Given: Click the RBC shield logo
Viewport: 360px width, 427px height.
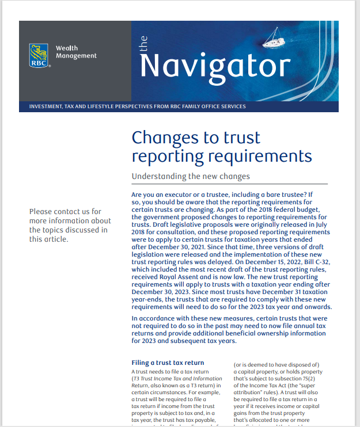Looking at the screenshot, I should click(39, 55).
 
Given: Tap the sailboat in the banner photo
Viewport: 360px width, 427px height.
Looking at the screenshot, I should click(274, 40).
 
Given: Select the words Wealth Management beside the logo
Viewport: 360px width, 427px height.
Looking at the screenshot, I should click(76, 52).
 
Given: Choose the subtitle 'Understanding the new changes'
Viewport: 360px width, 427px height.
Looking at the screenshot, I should click(191, 176).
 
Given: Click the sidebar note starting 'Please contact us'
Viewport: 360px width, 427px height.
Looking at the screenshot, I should click(70, 226).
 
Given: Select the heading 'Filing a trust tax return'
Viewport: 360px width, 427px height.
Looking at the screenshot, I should click(168, 363).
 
